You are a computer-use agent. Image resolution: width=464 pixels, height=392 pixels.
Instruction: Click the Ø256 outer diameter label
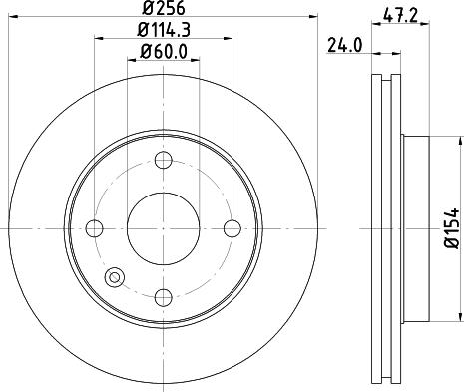(164, 9)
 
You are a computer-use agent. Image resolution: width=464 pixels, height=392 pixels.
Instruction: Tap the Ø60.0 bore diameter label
(164, 51)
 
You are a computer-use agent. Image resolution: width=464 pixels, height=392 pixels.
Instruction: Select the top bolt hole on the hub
(164, 160)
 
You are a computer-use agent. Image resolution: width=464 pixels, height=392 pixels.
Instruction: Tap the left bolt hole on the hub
(95, 228)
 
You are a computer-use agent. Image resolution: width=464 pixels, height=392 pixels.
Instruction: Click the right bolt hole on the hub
(232, 228)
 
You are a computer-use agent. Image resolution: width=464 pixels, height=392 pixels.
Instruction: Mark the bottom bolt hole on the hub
(164, 297)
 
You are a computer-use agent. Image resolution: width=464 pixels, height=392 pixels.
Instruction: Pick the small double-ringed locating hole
(114, 277)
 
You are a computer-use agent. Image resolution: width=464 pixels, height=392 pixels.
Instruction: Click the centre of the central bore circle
(164, 228)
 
